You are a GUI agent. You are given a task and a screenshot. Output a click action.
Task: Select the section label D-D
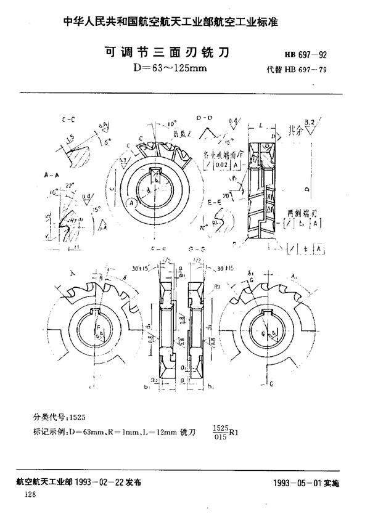(204, 116)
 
